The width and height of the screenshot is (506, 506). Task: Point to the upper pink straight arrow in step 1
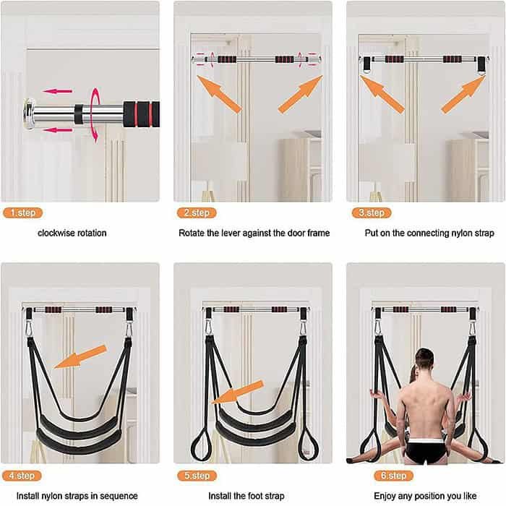61,92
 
